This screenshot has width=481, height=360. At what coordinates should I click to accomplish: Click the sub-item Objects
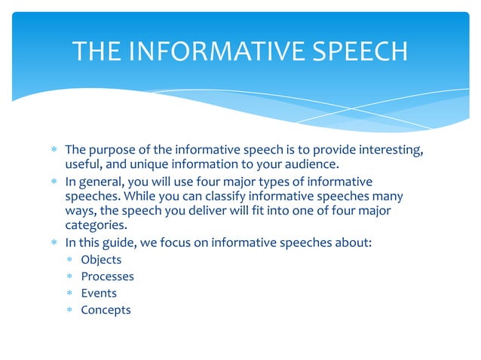[101, 260]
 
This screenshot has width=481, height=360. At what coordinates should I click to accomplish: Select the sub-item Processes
[107, 276]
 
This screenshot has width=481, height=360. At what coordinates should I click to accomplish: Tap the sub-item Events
[99, 293]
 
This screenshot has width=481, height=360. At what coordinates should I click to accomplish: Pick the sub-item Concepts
[106, 310]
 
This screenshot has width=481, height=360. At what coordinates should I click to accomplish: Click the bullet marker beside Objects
[69, 260]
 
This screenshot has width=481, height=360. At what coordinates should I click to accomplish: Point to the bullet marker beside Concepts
[69, 310]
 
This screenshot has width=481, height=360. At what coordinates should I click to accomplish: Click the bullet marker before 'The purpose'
[54, 151]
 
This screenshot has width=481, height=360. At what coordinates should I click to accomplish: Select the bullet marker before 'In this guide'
[54, 243]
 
